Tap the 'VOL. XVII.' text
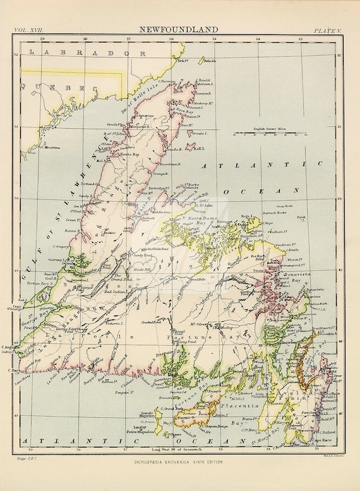point(33,30)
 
